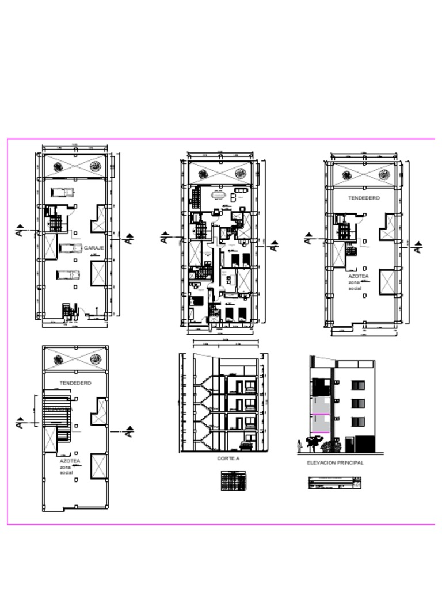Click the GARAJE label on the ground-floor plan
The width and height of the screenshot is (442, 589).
[x=94, y=248]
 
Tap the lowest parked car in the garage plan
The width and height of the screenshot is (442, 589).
[x=67, y=274]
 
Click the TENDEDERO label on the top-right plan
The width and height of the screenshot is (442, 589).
[x=364, y=198]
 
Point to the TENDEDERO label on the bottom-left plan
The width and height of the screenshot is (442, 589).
[x=75, y=383]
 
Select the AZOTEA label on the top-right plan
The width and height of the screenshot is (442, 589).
[x=358, y=276]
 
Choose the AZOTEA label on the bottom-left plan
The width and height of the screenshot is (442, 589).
[x=70, y=461]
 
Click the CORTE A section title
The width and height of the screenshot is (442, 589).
[x=228, y=458]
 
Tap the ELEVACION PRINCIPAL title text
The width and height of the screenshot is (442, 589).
[x=335, y=462]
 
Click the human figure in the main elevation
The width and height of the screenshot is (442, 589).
[x=299, y=446]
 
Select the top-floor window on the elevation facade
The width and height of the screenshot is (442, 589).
[x=357, y=385]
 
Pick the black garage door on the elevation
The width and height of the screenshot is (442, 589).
[x=365, y=444]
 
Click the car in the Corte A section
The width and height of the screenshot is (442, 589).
[x=246, y=445]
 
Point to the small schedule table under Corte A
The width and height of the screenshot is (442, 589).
[x=233, y=481]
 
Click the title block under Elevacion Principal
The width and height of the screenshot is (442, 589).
[x=335, y=483]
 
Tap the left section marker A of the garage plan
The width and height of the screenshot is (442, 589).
[x=20, y=231]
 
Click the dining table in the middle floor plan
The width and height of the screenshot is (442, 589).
[x=219, y=194]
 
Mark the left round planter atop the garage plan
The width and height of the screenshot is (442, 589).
[x=58, y=167]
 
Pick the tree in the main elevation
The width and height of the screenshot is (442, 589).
[x=314, y=442]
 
